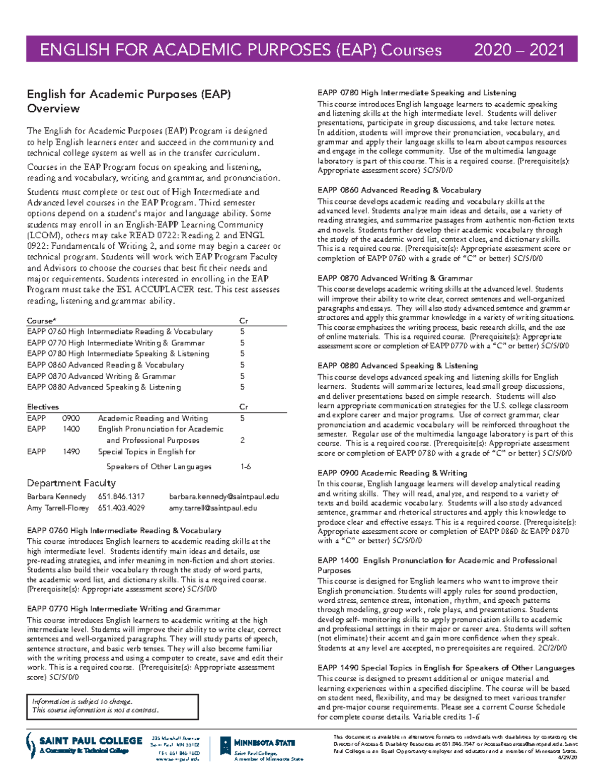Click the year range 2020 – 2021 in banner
[519, 49]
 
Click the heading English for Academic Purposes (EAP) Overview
[128, 101]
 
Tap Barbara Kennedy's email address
[223, 496]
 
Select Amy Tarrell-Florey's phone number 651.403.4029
[121, 508]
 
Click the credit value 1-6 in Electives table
[246, 467]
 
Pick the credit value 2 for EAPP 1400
[242, 440]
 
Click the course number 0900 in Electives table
[71, 418]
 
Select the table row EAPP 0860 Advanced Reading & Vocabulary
[106, 365]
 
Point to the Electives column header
[43, 407]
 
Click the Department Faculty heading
[71, 483]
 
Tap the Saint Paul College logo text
[91, 741]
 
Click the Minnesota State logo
[257, 745]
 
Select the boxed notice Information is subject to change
[112, 706]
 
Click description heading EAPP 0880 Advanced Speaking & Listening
[398, 366]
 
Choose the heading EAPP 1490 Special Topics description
[446, 668]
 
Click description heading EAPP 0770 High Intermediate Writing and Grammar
[123, 609]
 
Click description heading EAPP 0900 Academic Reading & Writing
[392, 473]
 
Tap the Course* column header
[41, 321]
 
